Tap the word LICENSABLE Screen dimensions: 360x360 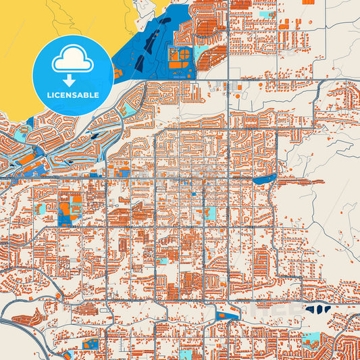tap(72, 95)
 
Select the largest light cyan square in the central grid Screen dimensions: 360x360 tap(211, 213)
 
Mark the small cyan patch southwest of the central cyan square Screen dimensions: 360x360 tap(162, 260)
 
